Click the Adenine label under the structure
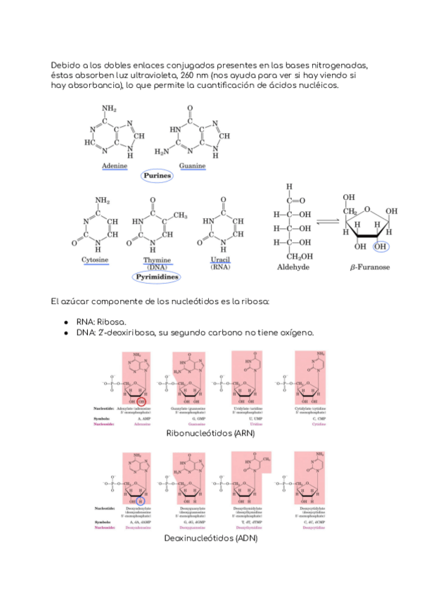tap(115, 165)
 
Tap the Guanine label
tap(192, 165)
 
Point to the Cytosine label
tap(94, 260)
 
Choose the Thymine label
tap(157, 260)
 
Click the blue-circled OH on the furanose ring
tap(381, 247)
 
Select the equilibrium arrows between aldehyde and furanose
tap(327, 222)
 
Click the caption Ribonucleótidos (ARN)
tap(210, 433)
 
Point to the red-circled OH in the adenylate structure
tap(142, 401)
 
